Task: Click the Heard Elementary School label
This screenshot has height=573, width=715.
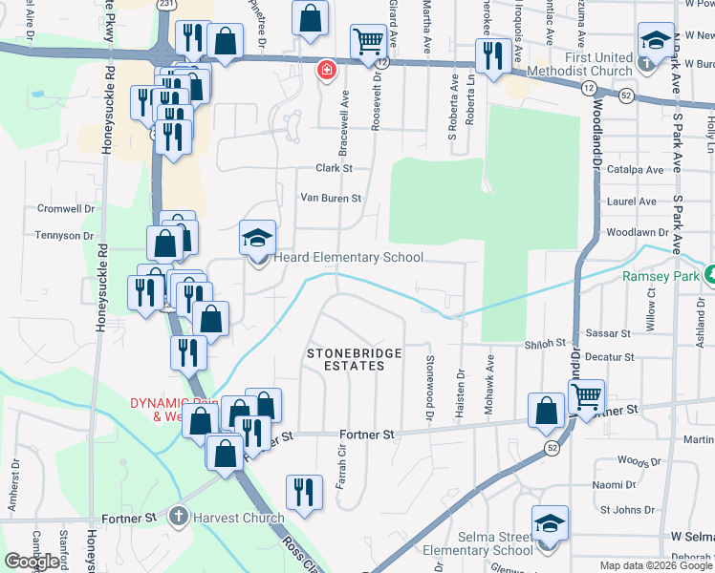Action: pyautogui.click(x=348, y=258)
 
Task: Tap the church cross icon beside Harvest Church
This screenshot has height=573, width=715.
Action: pyautogui.click(x=177, y=518)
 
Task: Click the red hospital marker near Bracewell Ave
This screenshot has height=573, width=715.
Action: pyautogui.click(x=326, y=70)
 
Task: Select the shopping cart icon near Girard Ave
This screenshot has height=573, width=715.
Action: pyautogui.click(x=368, y=41)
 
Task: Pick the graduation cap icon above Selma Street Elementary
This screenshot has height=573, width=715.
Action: pyautogui.click(x=550, y=523)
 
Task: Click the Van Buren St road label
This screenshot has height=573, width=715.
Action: pyautogui.click(x=331, y=199)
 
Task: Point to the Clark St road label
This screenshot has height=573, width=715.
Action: pyautogui.click(x=336, y=168)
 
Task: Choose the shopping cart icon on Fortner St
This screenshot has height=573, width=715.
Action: pyautogui.click(x=587, y=395)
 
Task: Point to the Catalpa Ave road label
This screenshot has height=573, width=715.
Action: pyautogui.click(x=640, y=170)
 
